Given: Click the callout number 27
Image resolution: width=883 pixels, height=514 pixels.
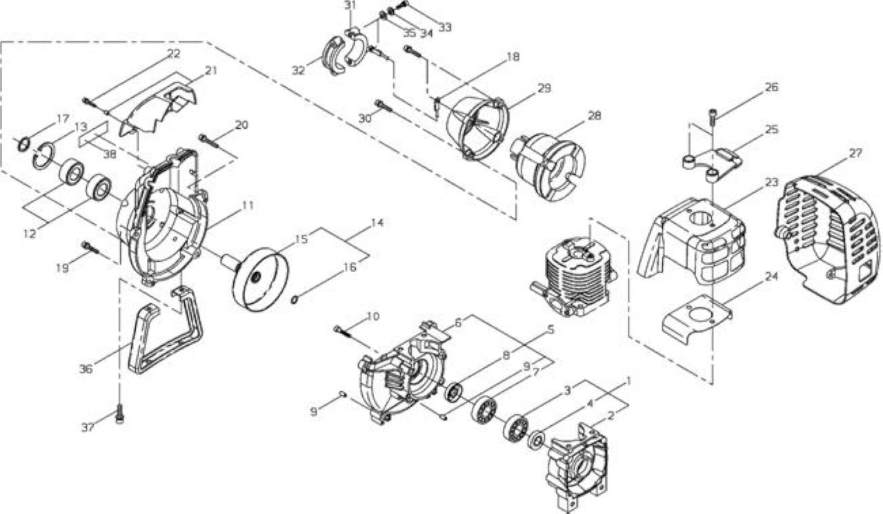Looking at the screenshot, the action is coord(855,153).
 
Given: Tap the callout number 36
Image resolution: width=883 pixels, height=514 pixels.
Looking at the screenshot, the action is coord(86,369).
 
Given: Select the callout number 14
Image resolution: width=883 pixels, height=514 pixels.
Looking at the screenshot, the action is coord(377,223).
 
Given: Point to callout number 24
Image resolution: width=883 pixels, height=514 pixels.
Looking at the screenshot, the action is coord(771,277).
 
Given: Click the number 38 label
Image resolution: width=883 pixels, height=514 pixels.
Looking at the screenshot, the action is coord(110,154).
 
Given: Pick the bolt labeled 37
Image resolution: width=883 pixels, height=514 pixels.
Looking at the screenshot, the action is coord(120,413).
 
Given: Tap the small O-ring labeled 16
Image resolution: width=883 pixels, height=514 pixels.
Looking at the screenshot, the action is coord(295,300).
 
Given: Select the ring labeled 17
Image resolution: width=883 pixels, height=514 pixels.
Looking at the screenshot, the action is coord(23,144).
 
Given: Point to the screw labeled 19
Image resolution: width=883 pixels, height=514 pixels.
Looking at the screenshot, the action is coord(90,247).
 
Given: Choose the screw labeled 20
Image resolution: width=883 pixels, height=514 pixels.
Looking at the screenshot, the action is coord(209,140).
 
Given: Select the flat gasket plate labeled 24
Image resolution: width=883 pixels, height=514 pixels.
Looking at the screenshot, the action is coord(696,322).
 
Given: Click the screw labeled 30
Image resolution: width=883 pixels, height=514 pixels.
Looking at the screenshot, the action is coord(384,105).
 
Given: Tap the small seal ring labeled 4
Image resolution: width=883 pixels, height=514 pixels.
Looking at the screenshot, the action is coord(537,439).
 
